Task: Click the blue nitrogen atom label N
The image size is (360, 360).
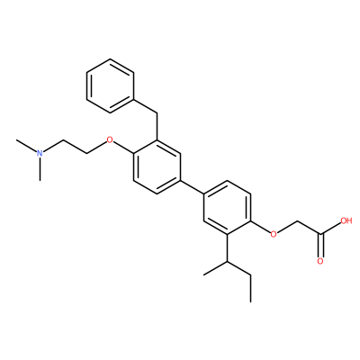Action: tap(40, 153)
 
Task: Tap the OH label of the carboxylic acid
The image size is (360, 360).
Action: tap(346, 221)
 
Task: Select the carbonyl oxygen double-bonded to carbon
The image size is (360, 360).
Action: tap(320, 261)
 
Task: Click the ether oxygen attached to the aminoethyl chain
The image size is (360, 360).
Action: tap(110, 139)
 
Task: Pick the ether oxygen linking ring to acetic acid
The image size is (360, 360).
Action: tap(274, 233)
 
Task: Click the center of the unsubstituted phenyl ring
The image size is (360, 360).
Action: tap(110, 85)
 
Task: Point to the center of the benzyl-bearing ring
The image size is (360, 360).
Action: tap(157, 166)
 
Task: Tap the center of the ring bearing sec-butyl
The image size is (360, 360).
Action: tap(227, 208)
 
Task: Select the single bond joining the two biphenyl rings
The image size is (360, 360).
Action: tap(192, 187)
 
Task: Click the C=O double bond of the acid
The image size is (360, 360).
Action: tap(320, 246)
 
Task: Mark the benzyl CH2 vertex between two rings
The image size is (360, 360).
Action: tap(157, 112)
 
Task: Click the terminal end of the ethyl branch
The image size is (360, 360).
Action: tap(250, 301)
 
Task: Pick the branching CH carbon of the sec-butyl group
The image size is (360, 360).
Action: tap(227, 262)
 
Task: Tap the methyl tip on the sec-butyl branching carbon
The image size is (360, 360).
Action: tap(204, 274)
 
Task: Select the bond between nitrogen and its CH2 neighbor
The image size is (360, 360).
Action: tap(53, 147)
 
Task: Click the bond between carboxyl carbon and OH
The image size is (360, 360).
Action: tap(331, 229)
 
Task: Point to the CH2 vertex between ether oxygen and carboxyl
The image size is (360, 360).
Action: tap(297, 221)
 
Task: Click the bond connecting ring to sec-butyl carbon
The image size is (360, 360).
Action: tap(227, 248)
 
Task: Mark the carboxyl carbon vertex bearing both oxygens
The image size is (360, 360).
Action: tap(320, 234)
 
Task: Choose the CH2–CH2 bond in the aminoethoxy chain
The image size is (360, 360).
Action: tap(75, 147)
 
